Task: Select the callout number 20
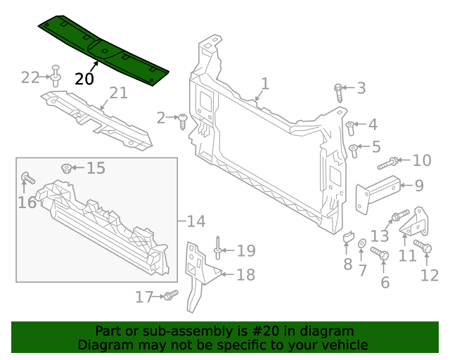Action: click(x=84, y=79)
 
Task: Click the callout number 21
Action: click(x=118, y=93)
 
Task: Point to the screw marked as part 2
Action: click(x=183, y=121)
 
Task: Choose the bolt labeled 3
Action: click(x=339, y=91)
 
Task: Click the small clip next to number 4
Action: click(x=349, y=127)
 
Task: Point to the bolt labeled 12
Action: click(x=423, y=247)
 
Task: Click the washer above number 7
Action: click(x=362, y=244)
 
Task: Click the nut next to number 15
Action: click(x=66, y=167)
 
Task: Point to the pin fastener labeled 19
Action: click(x=219, y=245)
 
